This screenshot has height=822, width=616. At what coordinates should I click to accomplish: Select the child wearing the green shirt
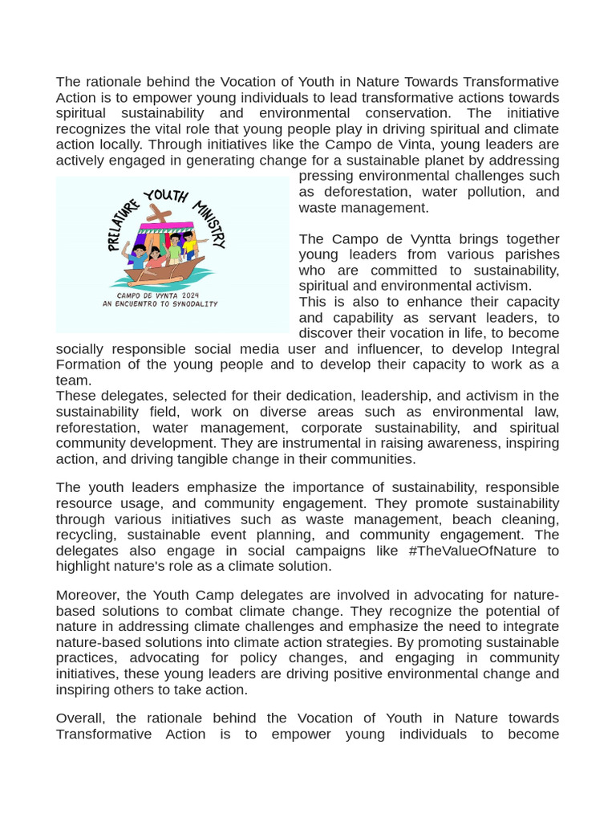tap(174, 249)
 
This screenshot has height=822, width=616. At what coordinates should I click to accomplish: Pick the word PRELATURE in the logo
tap(120, 225)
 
